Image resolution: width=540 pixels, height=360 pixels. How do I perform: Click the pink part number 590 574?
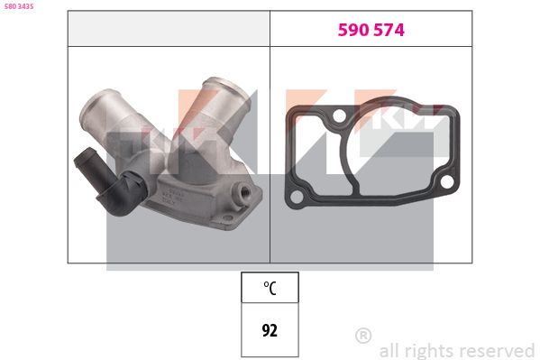(371, 30)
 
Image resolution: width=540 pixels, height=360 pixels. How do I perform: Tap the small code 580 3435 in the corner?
(19, 6)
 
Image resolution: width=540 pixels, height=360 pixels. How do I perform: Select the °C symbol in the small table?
(270, 288)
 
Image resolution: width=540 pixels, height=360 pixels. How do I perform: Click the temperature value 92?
(270, 330)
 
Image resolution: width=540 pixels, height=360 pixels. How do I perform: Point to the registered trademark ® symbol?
(363, 335)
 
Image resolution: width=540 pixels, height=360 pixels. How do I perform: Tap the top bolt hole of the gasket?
(339, 115)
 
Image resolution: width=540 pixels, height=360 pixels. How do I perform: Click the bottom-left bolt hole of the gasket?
(297, 198)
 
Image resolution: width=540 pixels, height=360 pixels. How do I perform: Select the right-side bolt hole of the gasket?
(446, 181)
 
